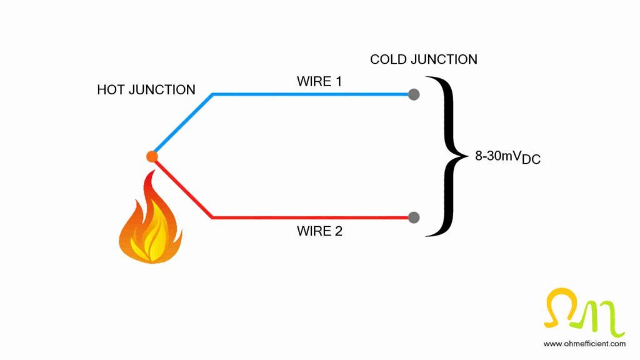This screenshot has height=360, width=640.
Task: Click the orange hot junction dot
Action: tap(152, 156)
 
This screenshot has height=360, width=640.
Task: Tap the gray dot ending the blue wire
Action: tap(413, 95)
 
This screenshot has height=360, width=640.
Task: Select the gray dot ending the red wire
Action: tap(413, 217)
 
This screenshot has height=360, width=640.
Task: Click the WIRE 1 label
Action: tap(319, 81)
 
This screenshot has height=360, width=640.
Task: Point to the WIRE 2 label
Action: tap(319, 232)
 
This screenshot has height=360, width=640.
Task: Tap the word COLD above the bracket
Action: tap(387, 59)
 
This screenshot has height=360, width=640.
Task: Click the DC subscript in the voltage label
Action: tap(531, 160)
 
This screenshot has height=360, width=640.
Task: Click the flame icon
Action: tap(150, 222)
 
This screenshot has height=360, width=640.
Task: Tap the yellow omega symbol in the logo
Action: tap(560, 307)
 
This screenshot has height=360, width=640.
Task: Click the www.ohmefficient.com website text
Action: tap(584, 344)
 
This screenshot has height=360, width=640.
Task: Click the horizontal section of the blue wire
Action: tap(312, 94)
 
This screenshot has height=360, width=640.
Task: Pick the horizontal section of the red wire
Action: tap(312, 217)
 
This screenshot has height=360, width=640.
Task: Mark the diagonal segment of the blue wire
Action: tap(182, 124)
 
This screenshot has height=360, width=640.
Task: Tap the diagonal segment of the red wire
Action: tap(182, 188)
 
